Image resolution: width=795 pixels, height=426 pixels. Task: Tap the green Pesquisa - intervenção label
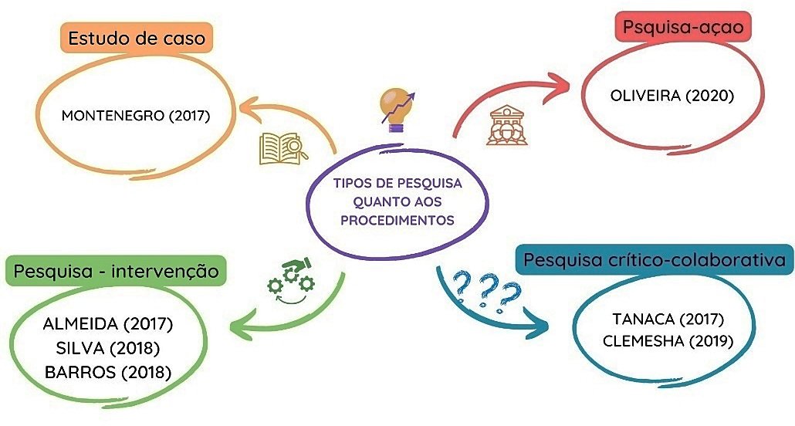115,271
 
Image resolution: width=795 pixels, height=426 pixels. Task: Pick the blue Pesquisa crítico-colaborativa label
655,260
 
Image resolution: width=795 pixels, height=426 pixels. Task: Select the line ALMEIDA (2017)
107,323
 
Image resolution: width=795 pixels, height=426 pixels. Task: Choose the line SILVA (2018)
107,347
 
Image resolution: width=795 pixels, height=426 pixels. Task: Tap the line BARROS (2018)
107,372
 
